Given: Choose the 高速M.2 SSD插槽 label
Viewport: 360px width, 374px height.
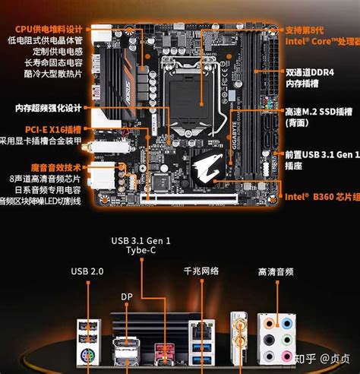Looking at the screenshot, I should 319,111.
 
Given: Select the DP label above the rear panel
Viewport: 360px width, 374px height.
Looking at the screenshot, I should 125,296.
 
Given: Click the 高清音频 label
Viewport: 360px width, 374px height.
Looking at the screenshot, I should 276,271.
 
